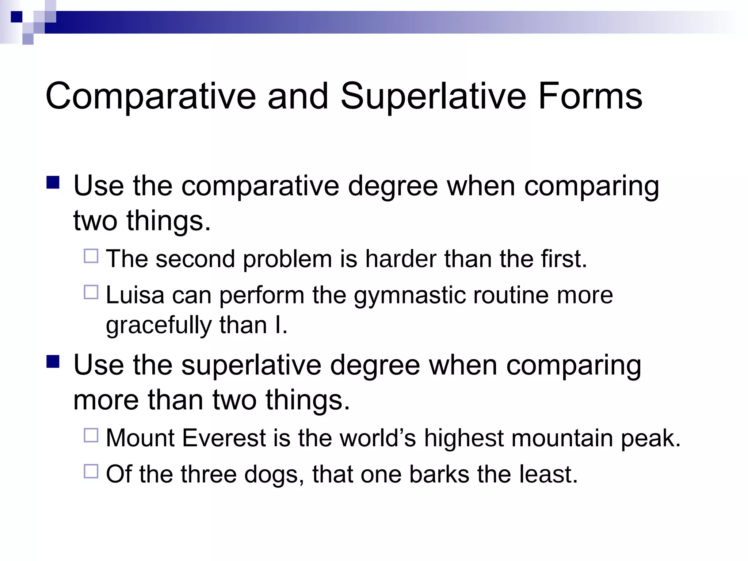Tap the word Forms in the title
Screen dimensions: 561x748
pos(590,96)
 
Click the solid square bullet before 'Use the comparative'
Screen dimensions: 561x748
pos(53,182)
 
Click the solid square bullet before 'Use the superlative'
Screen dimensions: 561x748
pos(53,362)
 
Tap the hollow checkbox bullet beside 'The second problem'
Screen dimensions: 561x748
pos(91,256)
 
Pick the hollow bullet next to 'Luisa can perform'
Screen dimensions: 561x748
pos(91,292)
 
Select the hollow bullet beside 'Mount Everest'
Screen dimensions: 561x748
pos(91,435)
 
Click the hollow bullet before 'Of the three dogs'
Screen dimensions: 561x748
pos(91,471)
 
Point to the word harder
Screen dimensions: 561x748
pos(401,259)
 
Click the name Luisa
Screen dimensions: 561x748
pos(135,295)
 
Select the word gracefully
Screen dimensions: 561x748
pos(159,325)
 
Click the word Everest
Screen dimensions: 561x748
pos(224,438)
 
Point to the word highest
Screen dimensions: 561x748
pos(463,438)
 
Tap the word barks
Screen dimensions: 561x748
pos(439,474)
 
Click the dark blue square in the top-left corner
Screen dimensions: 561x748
pos(16,17)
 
